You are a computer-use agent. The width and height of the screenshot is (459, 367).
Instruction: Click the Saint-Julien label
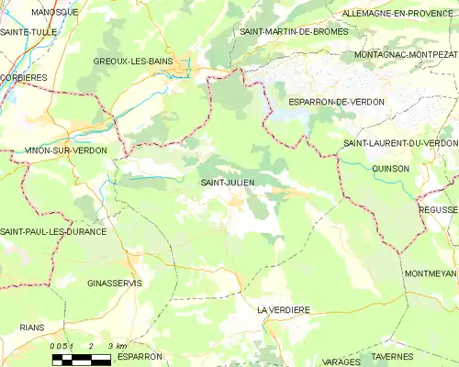(x=228, y=183)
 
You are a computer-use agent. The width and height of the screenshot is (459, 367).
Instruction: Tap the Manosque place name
(x=54, y=12)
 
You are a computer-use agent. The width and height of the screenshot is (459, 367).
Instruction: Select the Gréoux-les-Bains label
(x=133, y=61)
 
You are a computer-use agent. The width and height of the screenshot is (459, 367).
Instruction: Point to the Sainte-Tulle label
(x=28, y=31)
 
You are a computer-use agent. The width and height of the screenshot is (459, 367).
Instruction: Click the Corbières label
(x=23, y=78)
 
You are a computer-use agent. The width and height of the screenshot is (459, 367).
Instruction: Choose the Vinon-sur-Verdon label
(x=65, y=150)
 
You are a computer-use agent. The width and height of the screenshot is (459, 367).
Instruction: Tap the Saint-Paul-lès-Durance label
(x=53, y=231)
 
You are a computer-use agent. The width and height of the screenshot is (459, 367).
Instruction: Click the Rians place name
(x=30, y=327)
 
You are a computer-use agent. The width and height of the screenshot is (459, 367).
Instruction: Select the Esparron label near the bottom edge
(x=140, y=355)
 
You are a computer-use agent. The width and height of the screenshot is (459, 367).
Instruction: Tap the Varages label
(x=342, y=361)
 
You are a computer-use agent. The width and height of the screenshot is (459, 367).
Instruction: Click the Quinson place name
(x=391, y=168)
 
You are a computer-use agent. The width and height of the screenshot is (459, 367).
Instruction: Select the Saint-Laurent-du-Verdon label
(x=400, y=143)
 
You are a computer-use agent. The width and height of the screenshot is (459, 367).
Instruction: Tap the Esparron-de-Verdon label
(x=336, y=102)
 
